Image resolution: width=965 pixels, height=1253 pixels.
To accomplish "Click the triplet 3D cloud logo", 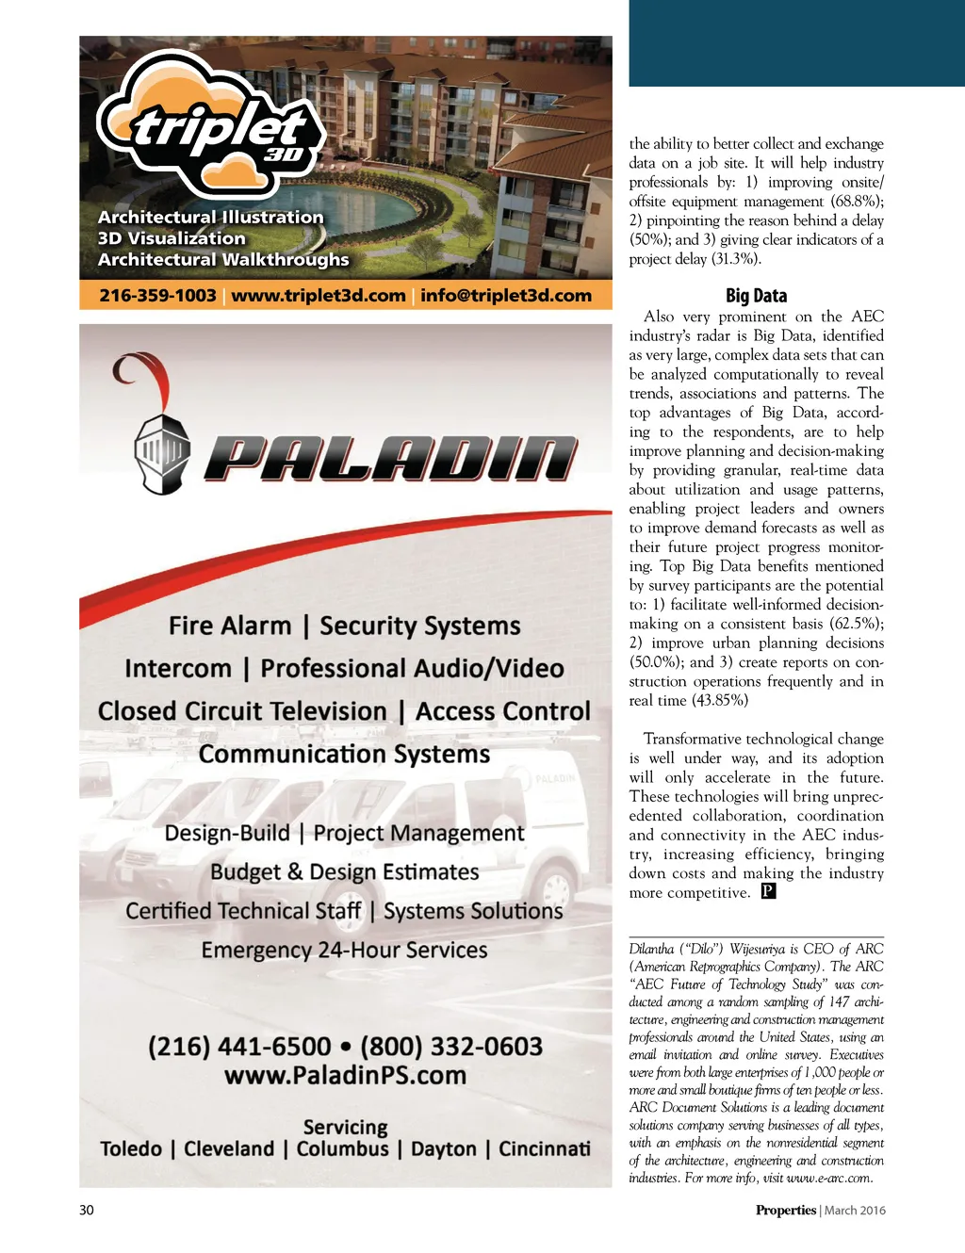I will click(213, 122).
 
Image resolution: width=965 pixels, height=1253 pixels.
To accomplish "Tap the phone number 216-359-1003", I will click(157, 296).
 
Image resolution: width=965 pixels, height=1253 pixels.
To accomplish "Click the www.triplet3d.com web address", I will click(319, 296).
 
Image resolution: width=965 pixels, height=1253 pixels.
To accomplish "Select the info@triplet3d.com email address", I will click(506, 296).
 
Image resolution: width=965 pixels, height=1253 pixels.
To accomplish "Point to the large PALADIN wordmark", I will click(389, 459).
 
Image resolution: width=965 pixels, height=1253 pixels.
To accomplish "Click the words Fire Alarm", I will click(230, 626).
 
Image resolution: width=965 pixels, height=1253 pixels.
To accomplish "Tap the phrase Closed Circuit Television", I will click(242, 711).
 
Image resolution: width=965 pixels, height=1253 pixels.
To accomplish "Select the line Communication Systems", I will click(344, 755).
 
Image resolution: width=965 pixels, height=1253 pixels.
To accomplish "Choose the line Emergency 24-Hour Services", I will click(344, 950).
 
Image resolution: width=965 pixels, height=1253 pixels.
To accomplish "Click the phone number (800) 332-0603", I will click(451, 1047).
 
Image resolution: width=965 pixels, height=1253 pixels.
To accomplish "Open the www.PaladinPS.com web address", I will click(345, 1076).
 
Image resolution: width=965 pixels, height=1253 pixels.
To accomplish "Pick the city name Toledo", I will click(131, 1149).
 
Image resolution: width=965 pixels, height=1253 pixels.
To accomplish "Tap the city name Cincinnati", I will click(545, 1149).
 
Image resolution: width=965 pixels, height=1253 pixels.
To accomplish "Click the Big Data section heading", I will click(756, 296).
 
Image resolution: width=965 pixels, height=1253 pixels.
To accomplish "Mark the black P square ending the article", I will click(768, 891).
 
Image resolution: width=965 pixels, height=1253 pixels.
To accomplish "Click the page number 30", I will click(87, 1211).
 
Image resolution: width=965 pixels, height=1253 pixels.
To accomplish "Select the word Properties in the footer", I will click(785, 1211).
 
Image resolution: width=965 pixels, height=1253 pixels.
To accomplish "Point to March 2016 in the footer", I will click(855, 1211).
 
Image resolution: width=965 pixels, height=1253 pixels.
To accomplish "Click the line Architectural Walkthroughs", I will click(223, 260).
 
